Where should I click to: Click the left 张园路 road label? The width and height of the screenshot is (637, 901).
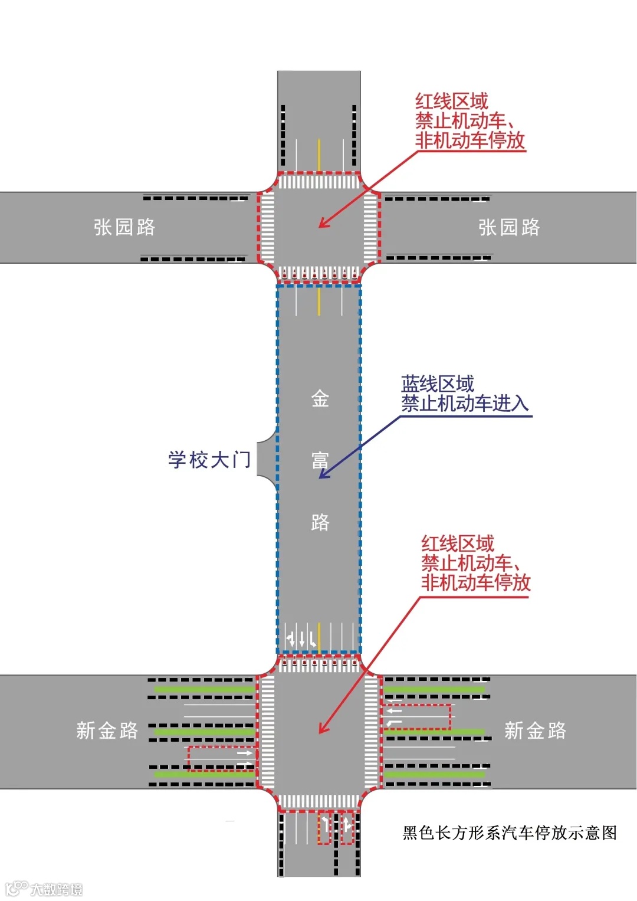click(x=124, y=227)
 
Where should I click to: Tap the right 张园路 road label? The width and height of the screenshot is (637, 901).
click(x=509, y=227)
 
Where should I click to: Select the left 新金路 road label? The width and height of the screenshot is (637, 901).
click(x=107, y=730)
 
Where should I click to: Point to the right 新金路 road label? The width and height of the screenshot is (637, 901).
click(x=535, y=730)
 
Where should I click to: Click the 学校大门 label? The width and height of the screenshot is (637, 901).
click(x=209, y=460)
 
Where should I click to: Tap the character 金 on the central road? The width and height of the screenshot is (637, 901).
click(x=320, y=399)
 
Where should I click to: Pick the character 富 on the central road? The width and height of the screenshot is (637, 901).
click(x=320, y=460)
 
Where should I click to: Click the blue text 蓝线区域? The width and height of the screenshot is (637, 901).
click(x=437, y=384)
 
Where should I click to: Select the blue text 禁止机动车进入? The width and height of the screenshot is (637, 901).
click(x=465, y=404)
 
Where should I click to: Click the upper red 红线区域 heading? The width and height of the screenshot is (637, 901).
click(x=451, y=101)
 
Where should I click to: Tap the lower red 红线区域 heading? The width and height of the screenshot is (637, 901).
click(x=457, y=543)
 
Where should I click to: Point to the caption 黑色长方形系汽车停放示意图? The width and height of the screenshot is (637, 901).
click(x=510, y=833)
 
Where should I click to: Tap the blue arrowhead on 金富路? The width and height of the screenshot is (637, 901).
click(x=323, y=474)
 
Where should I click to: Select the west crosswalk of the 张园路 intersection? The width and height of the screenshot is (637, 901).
click(x=267, y=227)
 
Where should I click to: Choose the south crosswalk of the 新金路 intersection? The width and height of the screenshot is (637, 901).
click(x=318, y=801)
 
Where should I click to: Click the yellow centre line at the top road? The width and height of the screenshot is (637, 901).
click(x=319, y=155)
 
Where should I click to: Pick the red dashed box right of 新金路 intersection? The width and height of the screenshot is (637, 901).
click(x=416, y=717)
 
